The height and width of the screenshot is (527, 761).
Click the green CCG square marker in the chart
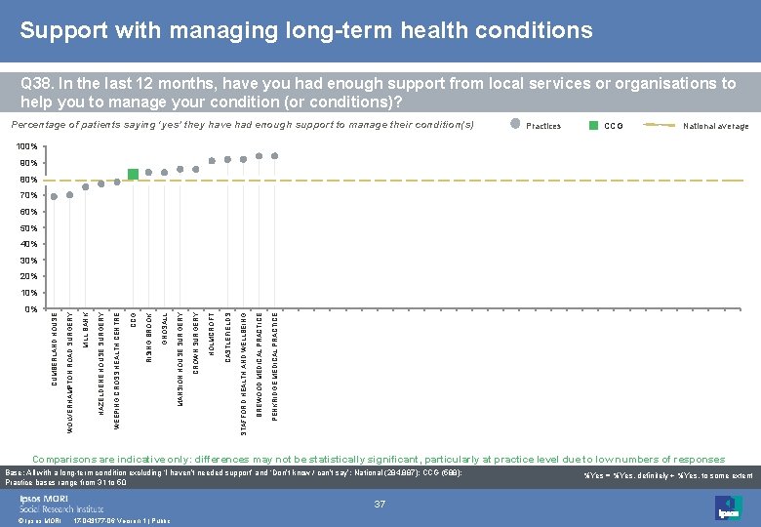coord(133,175)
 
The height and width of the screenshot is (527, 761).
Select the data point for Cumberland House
coord(55,197)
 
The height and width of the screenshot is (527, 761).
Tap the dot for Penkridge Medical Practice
coord(275,156)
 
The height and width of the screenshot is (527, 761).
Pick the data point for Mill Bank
coord(86,186)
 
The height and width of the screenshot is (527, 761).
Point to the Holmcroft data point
coord(212,161)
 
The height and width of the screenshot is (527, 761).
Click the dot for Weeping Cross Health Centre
coord(117,182)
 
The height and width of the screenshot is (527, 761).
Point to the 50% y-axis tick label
coord(27,228)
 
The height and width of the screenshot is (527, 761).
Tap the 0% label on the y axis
coord(30,309)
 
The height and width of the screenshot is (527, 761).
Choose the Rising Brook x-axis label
coord(148,338)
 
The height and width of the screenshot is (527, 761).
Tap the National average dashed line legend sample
coord(661,125)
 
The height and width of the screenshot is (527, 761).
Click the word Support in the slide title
coord(60,31)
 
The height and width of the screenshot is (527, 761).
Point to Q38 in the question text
coord(37,84)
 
